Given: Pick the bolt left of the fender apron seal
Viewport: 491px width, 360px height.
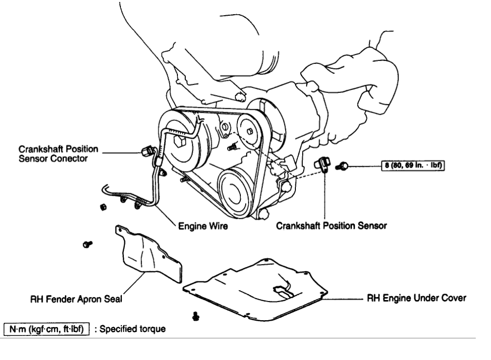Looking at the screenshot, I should point(88,243).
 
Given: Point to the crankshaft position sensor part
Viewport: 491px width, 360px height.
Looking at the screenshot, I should point(324,164).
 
